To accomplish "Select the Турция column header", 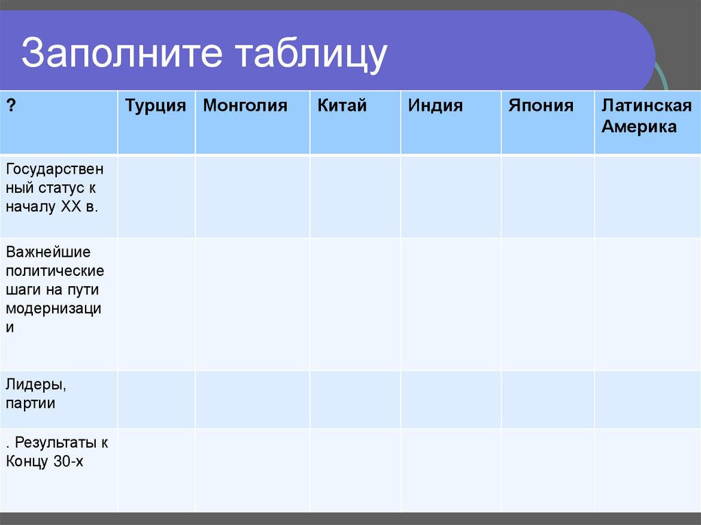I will tap(155, 106).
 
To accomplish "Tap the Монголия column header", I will tap(245, 106).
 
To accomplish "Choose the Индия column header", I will tap(435, 106).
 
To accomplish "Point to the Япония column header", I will tap(541, 106).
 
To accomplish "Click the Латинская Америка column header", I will tap(646, 116).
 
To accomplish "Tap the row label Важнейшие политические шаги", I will tap(55, 290).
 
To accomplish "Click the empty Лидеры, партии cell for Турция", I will tap(156, 400).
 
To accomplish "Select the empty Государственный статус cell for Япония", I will tap(547, 196).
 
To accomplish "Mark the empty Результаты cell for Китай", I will tap(355, 470).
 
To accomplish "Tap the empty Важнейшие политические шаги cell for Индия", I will tap(450, 304).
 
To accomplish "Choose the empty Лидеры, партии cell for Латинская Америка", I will tap(647, 400).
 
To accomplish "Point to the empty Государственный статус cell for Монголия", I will tap(253, 196).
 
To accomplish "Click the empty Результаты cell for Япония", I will tap(547, 470).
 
